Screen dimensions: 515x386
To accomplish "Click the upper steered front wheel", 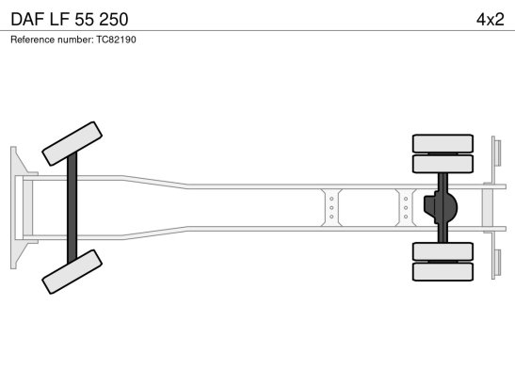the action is (72, 143).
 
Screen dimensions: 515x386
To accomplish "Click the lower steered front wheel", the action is (72, 272).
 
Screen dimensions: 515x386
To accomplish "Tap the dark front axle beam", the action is (72, 208).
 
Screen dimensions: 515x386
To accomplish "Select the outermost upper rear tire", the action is (443, 143).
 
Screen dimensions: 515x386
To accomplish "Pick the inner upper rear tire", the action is (443, 164).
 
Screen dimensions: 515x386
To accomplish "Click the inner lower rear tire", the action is (443, 251).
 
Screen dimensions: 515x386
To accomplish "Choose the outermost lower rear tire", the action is (443, 272).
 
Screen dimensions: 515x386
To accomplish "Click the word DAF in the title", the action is (27, 20).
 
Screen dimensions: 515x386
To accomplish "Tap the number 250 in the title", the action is (114, 20).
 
